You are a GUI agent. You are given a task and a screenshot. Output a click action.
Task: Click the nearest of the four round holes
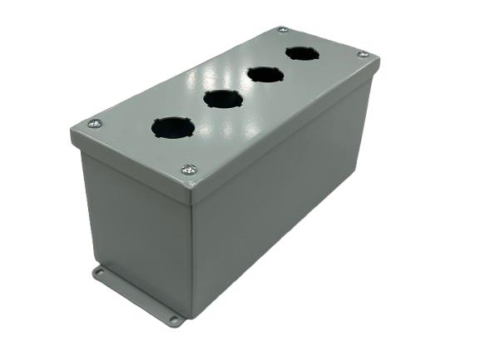pos(173,127)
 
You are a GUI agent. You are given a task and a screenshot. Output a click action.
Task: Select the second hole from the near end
pos(223,100)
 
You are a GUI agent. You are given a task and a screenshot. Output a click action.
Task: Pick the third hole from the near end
pos(265,75)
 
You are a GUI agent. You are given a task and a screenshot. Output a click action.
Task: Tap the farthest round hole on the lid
pos(301,54)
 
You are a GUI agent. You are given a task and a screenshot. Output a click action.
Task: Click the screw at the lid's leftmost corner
pos(95,124)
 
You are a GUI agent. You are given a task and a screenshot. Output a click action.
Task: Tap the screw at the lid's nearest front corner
pos(189,170)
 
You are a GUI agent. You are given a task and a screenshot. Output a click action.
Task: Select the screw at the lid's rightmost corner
pos(363,54)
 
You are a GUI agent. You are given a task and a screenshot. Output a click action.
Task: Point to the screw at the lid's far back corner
pos(283,30)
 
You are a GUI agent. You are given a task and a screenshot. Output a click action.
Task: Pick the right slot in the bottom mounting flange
pos(175,318)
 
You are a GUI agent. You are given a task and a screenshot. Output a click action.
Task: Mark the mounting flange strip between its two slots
pos(137,295)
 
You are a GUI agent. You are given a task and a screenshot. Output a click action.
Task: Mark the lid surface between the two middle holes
pos(244,88)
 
